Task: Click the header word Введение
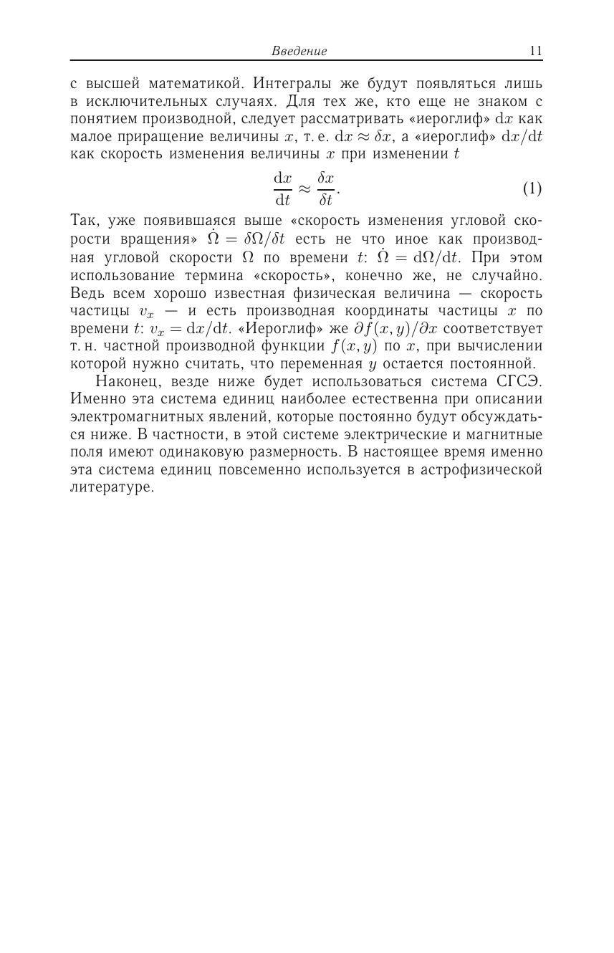[299, 51]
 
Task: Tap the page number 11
[535, 51]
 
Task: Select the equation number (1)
[532, 188]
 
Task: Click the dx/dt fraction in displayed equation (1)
[282, 188]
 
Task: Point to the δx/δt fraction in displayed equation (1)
[326, 188]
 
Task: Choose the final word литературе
[112, 488]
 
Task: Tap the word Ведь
[87, 293]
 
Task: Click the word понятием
[104, 119]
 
